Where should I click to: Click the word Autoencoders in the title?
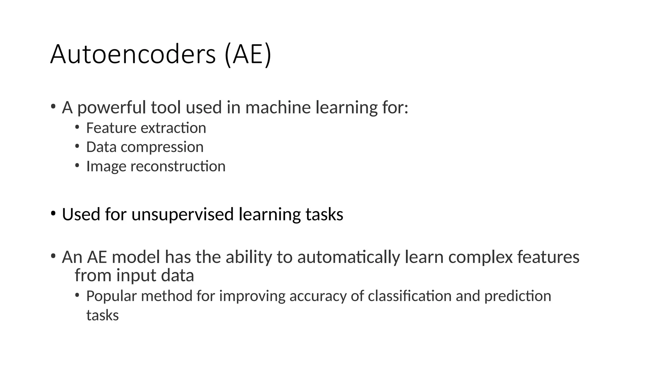click(x=133, y=55)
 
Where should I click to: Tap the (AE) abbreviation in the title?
click(x=248, y=55)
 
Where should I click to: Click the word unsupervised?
click(x=182, y=214)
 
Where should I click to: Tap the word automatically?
click(x=348, y=257)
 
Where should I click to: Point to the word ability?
click(x=249, y=257)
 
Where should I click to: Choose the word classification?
click(x=410, y=296)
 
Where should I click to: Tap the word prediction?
click(x=517, y=296)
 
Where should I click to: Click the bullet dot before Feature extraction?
click(x=77, y=127)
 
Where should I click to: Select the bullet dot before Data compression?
click(x=77, y=146)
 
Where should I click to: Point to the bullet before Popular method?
click(x=77, y=295)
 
